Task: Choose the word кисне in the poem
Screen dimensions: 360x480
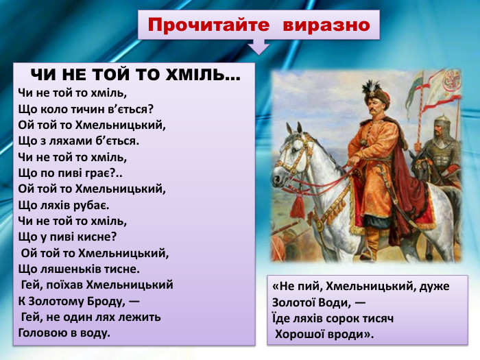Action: pos(97,237)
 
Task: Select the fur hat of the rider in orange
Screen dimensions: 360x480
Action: pos(372,91)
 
